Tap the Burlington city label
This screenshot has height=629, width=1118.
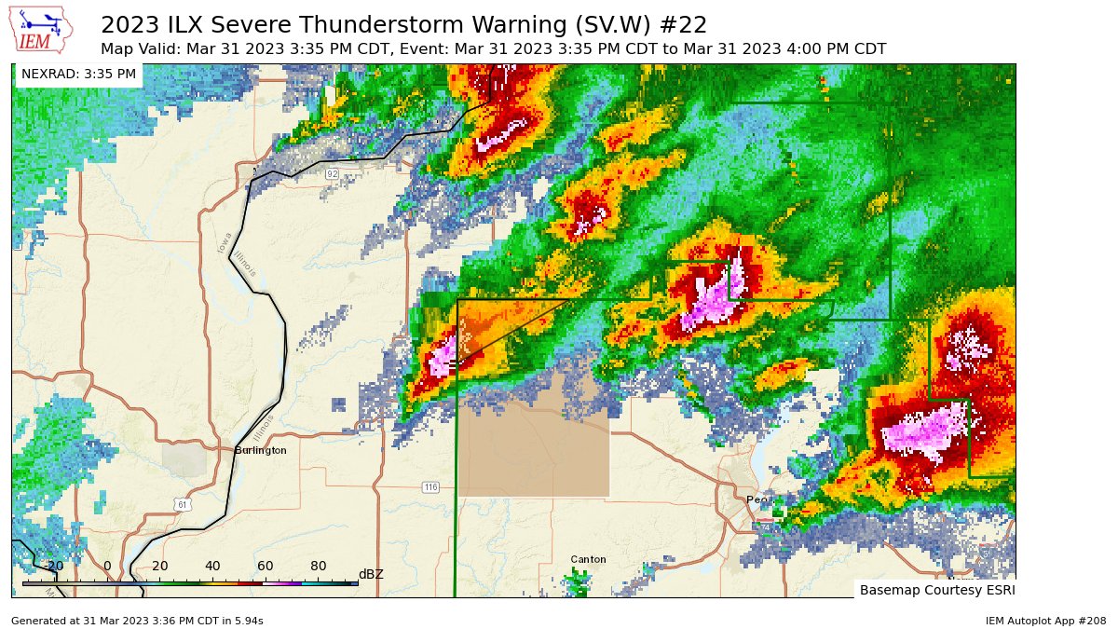pyautogui.click(x=260, y=450)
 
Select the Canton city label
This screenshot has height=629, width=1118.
pyautogui.click(x=588, y=559)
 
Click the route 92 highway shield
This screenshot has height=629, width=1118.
pyautogui.click(x=332, y=174)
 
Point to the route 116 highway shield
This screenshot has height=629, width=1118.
pyautogui.click(x=429, y=487)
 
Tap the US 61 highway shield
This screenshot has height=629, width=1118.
pyautogui.click(x=184, y=504)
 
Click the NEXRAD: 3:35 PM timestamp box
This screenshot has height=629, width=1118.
pyautogui.click(x=78, y=74)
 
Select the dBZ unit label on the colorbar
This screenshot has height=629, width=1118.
pyautogui.click(x=371, y=574)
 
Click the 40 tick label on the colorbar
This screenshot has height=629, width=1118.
pyautogui.click(x=212, y=566)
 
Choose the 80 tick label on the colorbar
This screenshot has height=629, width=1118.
pyautogui.click(x=318, y=566)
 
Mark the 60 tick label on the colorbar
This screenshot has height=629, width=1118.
pyautogui.click(x=266, y=566)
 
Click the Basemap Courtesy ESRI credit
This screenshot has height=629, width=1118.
pyautogui.click(x=935, y=590)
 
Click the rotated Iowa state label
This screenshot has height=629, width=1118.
pyautogui.click(x=224, y=241)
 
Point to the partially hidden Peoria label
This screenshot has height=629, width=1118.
pyautogui.click(x=759, y=499)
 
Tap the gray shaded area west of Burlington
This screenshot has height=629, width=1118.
pyautogui.click(x=184, y=459)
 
